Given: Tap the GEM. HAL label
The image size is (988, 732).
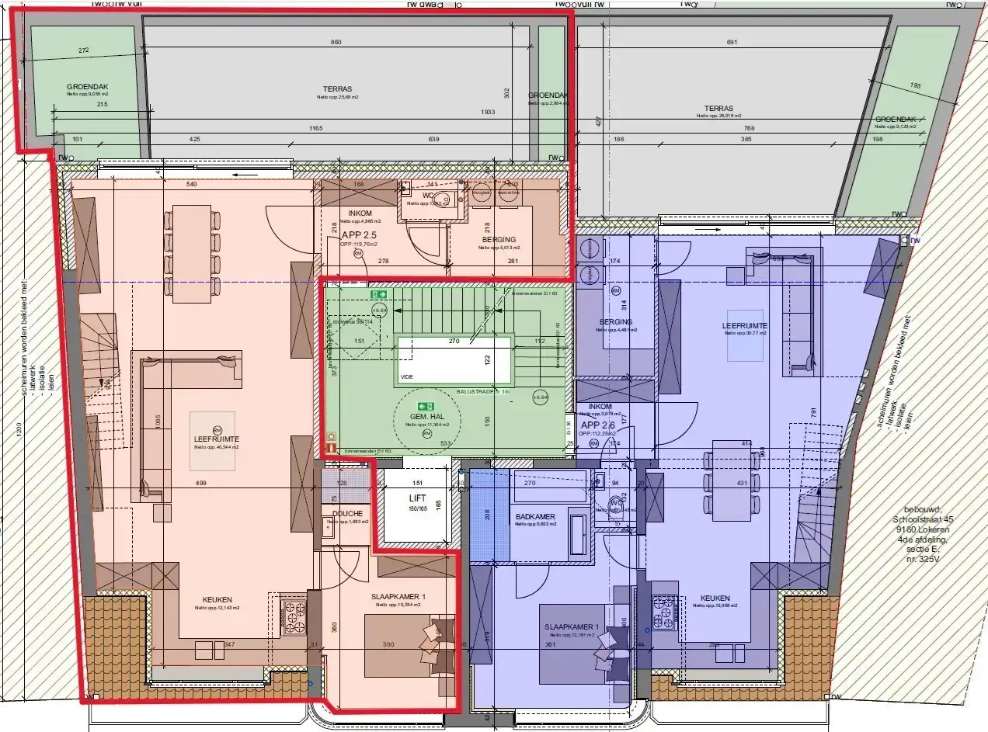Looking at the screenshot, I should [426, 417].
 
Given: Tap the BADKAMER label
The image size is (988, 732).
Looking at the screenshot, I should [535, 516].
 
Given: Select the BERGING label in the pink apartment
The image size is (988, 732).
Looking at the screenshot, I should [498, 239].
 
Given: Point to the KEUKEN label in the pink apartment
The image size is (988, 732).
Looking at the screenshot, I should [217, 598].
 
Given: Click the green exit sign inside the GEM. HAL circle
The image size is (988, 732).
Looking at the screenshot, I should [425, 406].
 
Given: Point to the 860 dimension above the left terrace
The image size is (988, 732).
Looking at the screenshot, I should [336, 42].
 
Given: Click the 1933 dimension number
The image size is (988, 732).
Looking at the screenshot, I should [487, 112].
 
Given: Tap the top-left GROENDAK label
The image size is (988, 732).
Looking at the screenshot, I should [88, 87].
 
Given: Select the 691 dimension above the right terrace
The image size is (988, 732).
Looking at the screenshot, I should [730, 42].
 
